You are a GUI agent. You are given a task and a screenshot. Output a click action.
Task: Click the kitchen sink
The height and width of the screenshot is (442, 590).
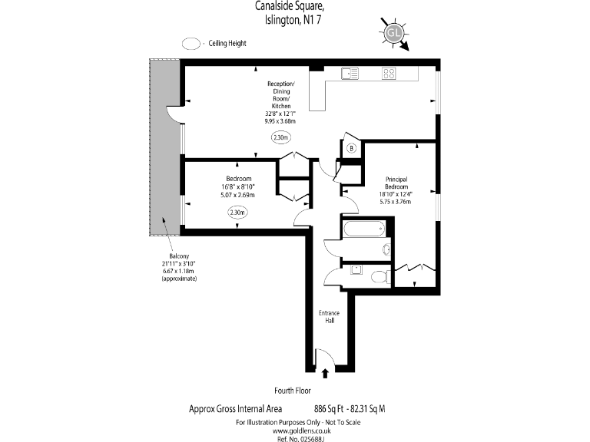tap(350, 74)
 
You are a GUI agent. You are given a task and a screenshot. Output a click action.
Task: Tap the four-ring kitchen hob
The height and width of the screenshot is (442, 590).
tap(389, 74)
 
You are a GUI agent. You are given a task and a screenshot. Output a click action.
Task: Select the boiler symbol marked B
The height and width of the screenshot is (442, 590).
tap(351, 148)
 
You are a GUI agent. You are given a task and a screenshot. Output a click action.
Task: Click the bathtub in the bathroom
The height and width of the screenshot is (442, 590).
tap(366, 228)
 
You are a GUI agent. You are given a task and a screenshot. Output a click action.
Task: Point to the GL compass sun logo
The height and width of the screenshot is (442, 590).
tap(393, 33)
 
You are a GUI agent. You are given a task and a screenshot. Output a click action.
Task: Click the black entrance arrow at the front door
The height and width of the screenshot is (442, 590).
tap(324, 374)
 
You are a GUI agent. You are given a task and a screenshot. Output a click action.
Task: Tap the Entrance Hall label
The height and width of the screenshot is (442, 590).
tap(329, 317)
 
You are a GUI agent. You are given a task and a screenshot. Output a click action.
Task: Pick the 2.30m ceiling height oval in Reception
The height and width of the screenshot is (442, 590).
tap(282, 138)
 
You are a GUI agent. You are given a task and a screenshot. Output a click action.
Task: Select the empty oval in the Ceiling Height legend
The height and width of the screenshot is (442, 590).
tap(191, 44)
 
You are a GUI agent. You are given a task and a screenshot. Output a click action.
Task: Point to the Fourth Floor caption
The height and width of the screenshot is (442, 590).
tap(293, 390)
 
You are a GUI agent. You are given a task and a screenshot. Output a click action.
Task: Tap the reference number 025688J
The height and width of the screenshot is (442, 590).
tap(294, 438)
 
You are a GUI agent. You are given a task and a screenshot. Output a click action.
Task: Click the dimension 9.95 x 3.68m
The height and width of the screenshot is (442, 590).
tap(280, 120)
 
